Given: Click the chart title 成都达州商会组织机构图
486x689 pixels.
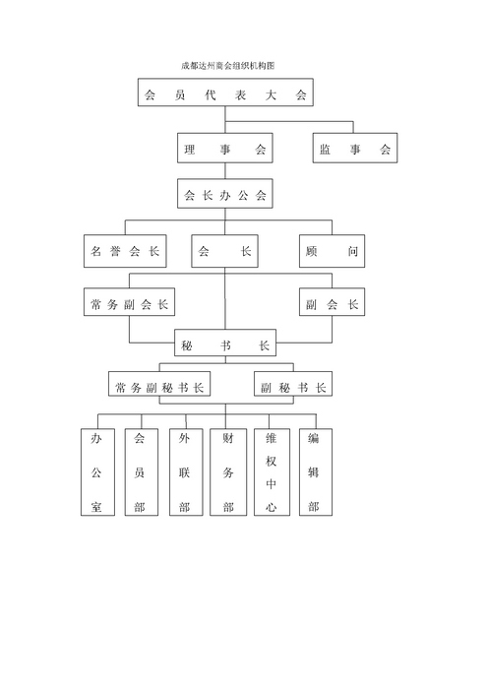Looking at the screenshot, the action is tap(228, 66).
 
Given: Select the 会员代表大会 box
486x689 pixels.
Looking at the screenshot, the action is tap(225, 93).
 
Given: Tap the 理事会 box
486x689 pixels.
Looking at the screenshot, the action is tap(224, 148).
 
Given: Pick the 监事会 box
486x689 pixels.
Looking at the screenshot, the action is tap(355, 148).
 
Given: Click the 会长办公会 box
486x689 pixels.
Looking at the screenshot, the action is tap(224, 193).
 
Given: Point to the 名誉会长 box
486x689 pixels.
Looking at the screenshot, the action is tap(125, 251).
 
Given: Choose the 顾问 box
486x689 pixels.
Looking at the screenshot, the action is tap(332, 251).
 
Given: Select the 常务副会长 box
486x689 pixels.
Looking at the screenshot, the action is tap(129, 302).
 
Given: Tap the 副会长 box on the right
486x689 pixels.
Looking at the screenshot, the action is tap(332, 302).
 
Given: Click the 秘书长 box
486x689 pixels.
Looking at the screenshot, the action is tap(225, 343).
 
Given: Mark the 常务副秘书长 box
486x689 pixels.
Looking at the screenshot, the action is tap(159, 384).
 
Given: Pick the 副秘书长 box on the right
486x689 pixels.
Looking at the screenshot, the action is tap(293, 384).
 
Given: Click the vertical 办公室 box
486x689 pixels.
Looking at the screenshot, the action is tap(97, 471).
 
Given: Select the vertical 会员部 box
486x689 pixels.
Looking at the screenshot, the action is tap(142, 471).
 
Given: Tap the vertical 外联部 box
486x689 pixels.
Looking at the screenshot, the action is tap(186, 471).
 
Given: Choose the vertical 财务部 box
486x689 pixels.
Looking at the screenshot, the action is tap(228, 471).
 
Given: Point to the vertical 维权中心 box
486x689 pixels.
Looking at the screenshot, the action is tap(272, 471).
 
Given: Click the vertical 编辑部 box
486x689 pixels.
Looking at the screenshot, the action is tap(316, 471).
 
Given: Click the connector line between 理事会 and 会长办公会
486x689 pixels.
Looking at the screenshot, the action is tap(225, 171).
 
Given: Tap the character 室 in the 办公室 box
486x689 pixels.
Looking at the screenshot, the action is tap(96, 507).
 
